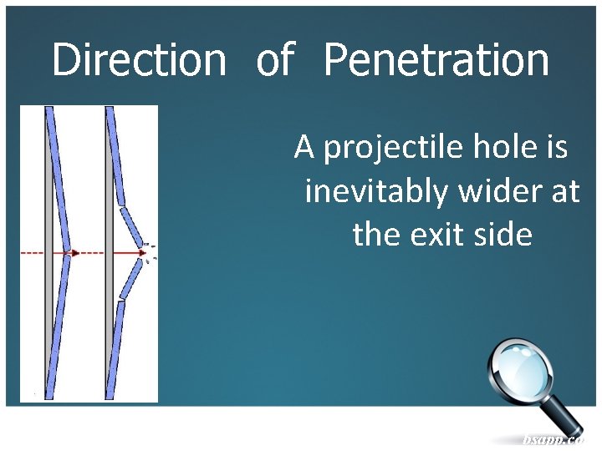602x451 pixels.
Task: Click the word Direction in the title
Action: click(139, 60)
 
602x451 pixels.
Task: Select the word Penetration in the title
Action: click(436, 60)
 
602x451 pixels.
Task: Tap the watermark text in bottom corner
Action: click(551, 439)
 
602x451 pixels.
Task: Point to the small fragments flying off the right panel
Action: click(150, 253)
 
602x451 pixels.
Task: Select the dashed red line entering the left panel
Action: click(33, 252)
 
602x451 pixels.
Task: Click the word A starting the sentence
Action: click(304, 148)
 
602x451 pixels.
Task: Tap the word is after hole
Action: click(557, 148)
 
